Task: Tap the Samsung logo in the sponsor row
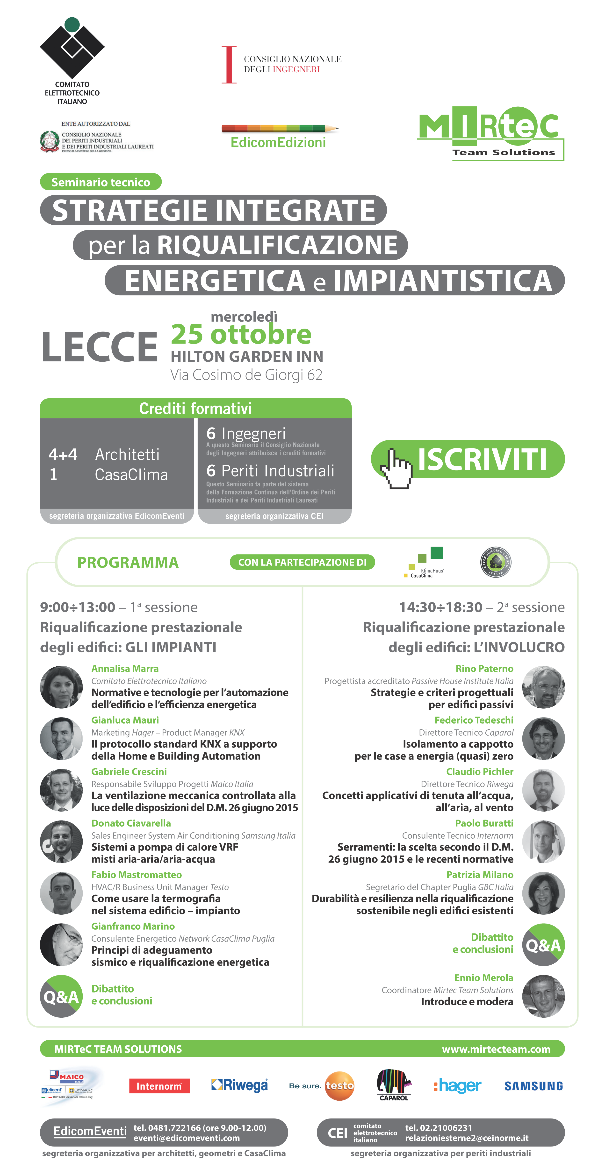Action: [533, 1086]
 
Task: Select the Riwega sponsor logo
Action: [239, 1086]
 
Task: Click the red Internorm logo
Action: [159, 1086]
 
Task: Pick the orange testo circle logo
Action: [339, 1086]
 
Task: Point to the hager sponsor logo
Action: [457, 1086]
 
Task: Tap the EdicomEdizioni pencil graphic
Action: [280, 129]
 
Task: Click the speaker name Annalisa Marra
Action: [125, 669]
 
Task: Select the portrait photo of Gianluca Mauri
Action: [61, 739]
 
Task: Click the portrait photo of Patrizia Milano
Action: [543, 893]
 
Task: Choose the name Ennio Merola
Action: [484, 978]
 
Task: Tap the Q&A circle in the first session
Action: [61, 996]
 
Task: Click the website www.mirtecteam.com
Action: [496, 1049]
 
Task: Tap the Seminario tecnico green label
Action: [101, 182]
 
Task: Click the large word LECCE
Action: [100, 347]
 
